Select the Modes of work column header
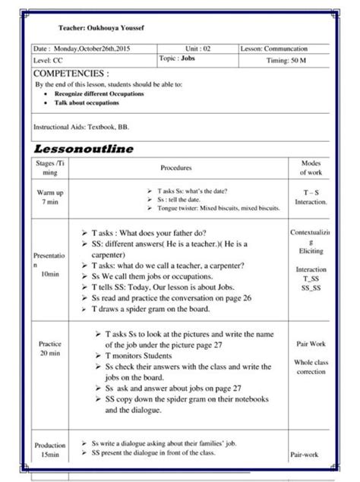coord(310,168)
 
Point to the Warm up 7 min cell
coord(50,197)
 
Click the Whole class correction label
coord(311,367)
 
